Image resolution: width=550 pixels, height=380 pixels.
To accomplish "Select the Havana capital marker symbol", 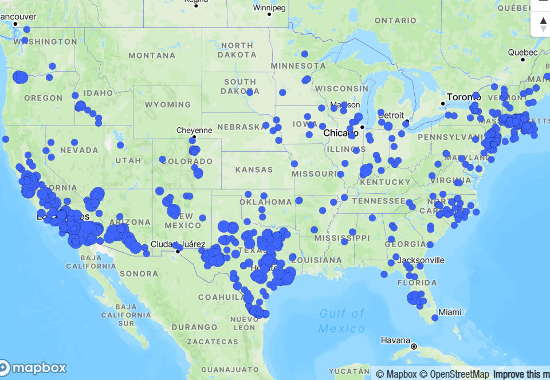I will [414, 347].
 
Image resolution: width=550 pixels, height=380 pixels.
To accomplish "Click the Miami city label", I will [450, 312].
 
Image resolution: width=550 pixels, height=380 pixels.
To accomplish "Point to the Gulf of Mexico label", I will [342, 321].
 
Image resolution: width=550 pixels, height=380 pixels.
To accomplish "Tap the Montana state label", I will [152, 56].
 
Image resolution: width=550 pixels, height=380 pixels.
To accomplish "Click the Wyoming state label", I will [168, 105].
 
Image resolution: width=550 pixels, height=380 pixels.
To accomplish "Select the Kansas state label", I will [254, 170].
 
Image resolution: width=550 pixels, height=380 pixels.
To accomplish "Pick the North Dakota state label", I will [237, 50].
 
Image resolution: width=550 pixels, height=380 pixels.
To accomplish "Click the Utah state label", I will [128, 160].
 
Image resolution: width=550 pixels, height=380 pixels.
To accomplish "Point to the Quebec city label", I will [522, 53].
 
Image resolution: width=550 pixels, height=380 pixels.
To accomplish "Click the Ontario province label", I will [395, 21].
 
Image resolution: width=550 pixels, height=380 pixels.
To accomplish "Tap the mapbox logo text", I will [39, 368].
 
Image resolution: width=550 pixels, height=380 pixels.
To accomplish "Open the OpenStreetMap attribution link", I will [454, 374].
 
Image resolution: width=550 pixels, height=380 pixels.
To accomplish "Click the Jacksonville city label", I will [423, 260].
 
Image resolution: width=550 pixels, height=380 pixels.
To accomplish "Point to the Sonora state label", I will [139, 274].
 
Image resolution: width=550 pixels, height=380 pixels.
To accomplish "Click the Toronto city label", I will [465, 97].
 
